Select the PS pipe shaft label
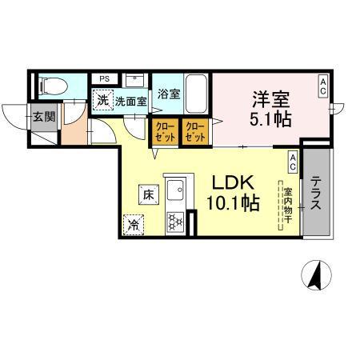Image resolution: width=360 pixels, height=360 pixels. [104, 78]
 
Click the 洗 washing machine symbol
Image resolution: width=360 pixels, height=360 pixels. [102, 101]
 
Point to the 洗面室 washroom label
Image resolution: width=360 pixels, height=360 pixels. [130, 102]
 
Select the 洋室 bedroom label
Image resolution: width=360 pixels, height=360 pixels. [270, 99]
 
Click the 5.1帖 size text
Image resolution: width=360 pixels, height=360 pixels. [270, 121]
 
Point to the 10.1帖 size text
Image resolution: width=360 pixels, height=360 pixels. [232, 204]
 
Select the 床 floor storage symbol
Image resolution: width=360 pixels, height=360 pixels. [149, 193]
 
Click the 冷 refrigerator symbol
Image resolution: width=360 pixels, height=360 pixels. [133, 225]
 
